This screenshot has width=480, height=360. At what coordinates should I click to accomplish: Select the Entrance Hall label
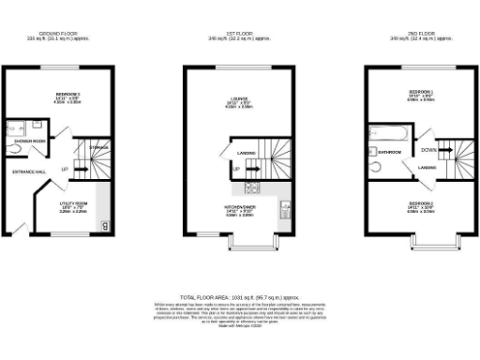tap(24, 172)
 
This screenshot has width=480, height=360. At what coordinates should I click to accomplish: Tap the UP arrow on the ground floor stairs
tap(64, 170)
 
